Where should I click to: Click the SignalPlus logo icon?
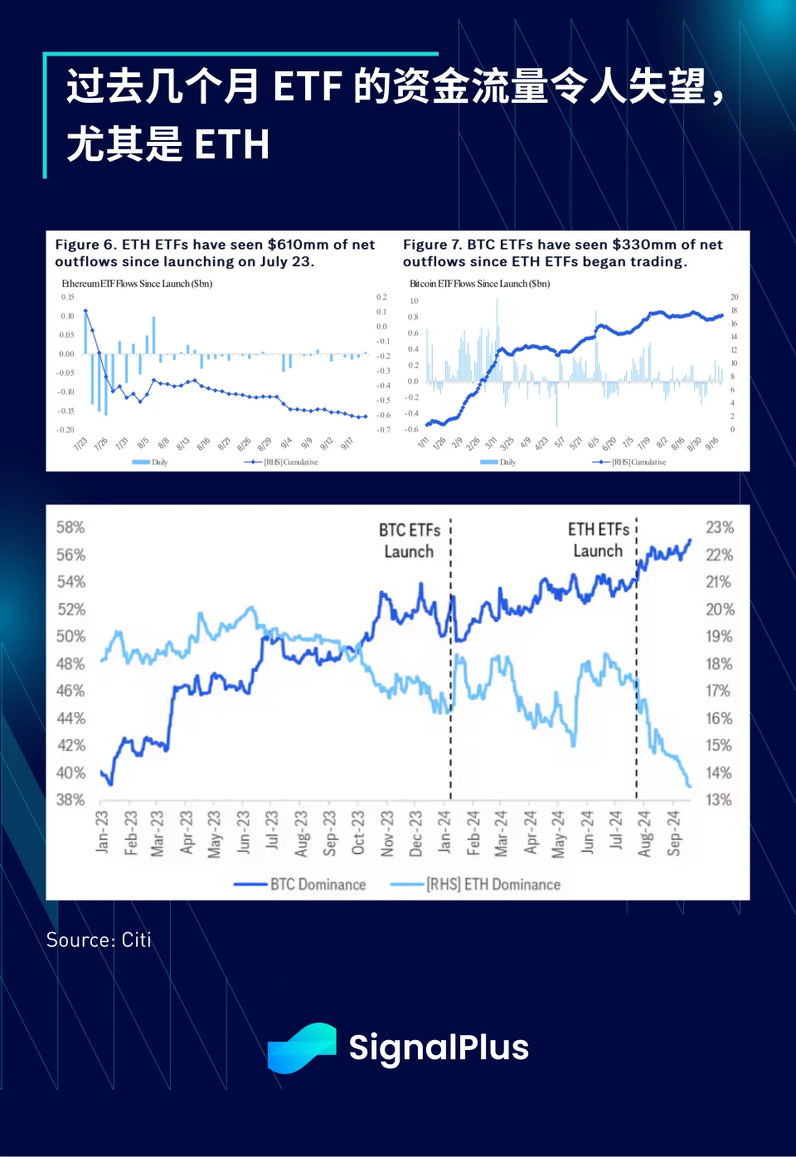[302, 1048]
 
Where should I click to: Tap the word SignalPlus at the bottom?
[439, 1048]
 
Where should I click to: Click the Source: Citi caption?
[99, 940]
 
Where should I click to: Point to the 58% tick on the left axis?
[70, 527]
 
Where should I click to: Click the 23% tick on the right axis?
[719, 527]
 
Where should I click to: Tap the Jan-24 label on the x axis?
[444, 832]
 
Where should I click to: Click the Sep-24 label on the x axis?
[673, 833]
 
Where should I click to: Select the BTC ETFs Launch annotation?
[410, 541]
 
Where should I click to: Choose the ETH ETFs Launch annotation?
[598, 540]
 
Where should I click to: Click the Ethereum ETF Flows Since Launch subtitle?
[137, 284]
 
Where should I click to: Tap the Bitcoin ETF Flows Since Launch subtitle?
[479, 284]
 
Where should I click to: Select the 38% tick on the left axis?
[70, 800]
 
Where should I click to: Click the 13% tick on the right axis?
[719, 800]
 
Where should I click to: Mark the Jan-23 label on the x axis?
[102, 832]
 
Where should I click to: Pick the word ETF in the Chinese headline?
[308, 87]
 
